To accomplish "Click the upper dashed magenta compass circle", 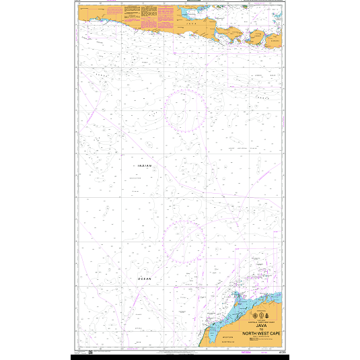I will (x=185, y=110).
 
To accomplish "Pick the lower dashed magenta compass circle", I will (x=185, y=241).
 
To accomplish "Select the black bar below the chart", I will (x=180, y=357).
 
